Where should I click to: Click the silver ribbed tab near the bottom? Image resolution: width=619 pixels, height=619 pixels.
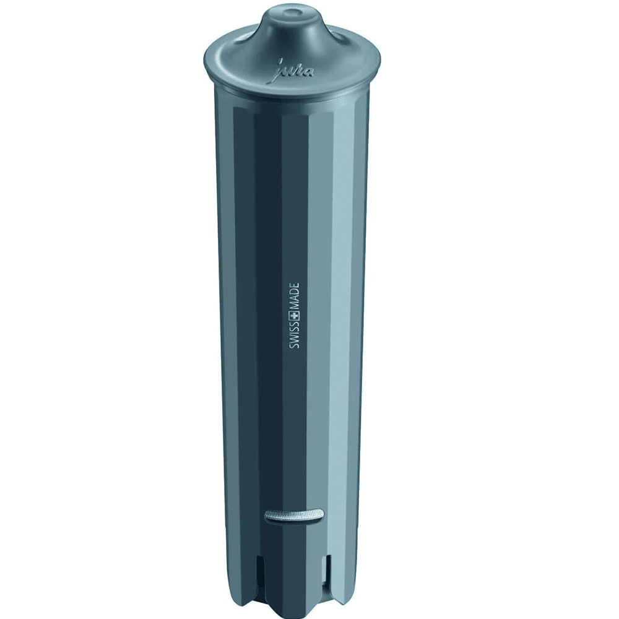tap(293, 514)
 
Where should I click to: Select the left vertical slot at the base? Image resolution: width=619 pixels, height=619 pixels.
tap(260, 571)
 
